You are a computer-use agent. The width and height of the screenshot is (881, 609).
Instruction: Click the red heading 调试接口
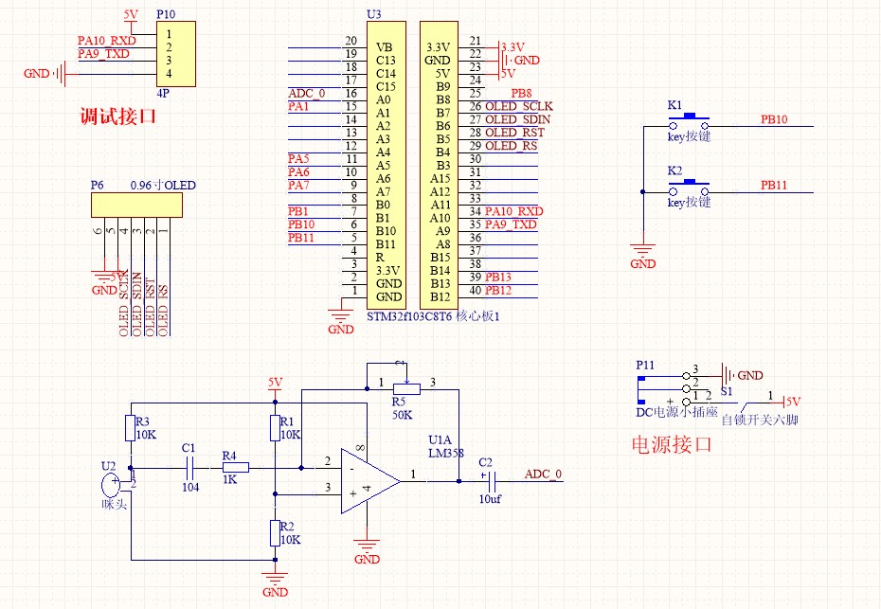[x=117, y=117]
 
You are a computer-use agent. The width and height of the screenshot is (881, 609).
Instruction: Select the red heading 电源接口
[x=671, y=444]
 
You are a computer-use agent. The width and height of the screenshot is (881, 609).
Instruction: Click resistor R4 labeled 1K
[x=235, y=467]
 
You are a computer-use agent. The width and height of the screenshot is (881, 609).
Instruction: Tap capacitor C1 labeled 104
[x=189, y=467]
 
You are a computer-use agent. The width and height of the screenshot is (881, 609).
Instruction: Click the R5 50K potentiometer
[x=406, y=386]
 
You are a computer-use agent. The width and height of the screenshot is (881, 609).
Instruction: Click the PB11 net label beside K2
[x=773, y=186]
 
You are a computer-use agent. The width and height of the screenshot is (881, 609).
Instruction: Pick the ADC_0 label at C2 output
[x=543, y=475]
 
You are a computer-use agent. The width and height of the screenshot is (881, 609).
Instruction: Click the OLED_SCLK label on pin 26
[x=518, y=106]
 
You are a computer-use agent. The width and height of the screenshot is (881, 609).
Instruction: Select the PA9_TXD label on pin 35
[x=511, y=224]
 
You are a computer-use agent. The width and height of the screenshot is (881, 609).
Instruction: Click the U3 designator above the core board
[x=373, y=14]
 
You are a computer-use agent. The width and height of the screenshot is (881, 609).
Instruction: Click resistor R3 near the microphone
[x=129, y=428]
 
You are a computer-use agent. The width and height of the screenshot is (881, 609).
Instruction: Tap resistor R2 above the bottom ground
[x=275, y=532]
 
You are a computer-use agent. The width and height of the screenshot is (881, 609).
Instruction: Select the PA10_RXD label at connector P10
[x=106, y=41]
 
